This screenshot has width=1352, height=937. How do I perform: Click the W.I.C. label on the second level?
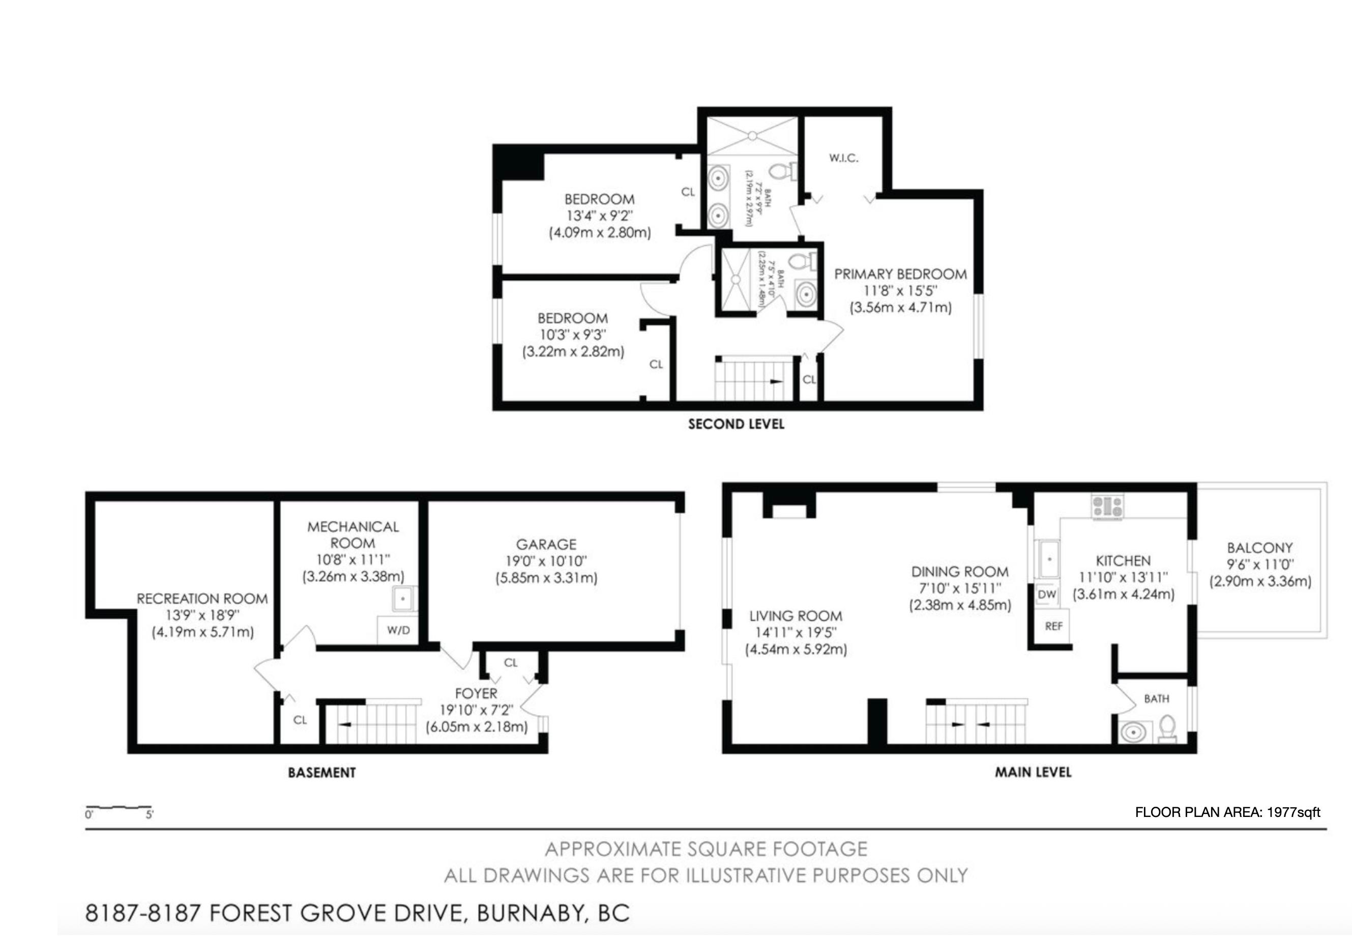pos(844,158)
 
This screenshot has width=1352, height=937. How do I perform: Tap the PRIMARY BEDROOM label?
pos(900,274)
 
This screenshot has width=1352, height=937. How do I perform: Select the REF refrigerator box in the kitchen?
pos(1054,626)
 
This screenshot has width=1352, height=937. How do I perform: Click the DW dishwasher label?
pos(1047,594)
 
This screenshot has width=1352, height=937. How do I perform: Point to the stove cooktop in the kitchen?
pos(1108,506)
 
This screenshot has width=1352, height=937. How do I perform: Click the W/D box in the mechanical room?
pos(398,630)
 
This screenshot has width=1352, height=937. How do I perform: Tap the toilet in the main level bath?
pos(1167,728)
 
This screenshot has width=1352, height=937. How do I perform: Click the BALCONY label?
pos(1260,548)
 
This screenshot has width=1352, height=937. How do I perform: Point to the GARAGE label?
pos(546,544)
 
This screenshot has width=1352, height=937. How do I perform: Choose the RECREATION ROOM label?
pos(202,599)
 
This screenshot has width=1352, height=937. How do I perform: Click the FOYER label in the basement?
pos(476,693)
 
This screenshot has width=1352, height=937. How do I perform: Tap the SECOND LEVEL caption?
pos(736,424)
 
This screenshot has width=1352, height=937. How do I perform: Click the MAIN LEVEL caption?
pos(1033,772)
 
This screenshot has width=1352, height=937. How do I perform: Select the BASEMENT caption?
pos(321,772)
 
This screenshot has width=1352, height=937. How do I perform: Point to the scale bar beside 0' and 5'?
pos(119,808)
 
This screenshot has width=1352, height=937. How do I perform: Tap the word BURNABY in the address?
pos(531,913)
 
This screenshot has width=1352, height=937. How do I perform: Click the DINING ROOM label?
pos(960,572)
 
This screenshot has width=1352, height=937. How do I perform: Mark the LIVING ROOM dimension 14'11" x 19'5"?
pos(796,632)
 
